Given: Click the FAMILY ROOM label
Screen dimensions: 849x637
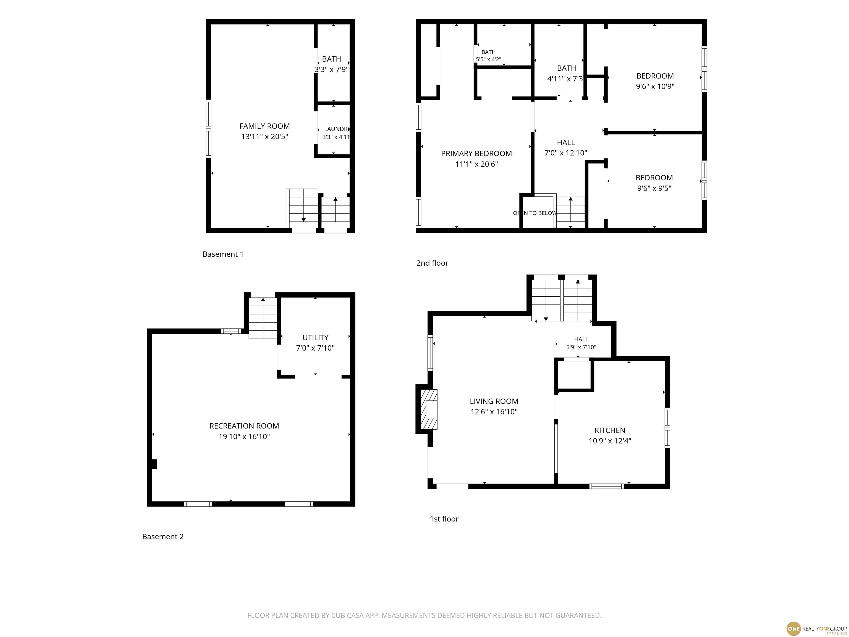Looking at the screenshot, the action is [264, 126].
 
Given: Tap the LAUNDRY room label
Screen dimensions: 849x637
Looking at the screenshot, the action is [336, 129].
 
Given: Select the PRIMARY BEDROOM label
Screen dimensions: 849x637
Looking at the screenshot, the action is [476, 154].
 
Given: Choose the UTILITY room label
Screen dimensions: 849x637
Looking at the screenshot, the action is [315, 338].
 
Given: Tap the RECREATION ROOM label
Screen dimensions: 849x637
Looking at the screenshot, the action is [244, 426].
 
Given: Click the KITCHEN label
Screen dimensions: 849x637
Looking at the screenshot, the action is [610, 430].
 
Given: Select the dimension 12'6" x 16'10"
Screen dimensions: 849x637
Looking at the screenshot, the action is [494, 412].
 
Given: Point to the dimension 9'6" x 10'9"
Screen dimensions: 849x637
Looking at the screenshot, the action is [655, 86].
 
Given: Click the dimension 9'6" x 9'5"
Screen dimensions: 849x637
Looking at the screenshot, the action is [654, 188].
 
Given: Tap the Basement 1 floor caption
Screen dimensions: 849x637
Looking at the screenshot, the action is [223, 254].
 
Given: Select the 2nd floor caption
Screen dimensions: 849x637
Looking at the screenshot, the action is [432, 263].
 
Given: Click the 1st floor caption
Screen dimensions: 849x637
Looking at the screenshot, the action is [444, 519].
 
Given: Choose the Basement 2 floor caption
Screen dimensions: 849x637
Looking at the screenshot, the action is [163, 537].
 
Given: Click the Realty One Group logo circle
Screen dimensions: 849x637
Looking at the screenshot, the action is [793, 628].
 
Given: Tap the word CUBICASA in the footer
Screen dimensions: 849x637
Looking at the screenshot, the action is [345, 615].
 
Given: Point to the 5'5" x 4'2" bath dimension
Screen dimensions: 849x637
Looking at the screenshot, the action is [488, 59].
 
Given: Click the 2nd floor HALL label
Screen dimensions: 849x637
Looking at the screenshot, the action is [566, 142].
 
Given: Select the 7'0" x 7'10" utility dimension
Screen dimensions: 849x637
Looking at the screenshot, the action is [315, 348].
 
